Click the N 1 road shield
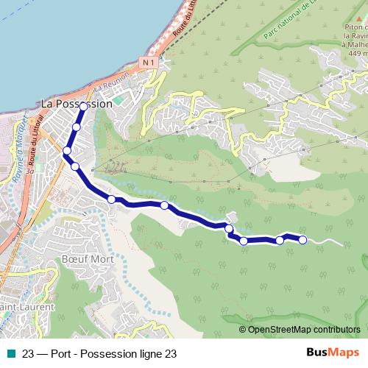149,64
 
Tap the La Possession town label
77,105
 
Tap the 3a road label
29,171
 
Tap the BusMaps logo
333,353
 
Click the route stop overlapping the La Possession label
83,107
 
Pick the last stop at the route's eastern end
302,239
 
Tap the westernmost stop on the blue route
67,151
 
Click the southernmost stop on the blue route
244,241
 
